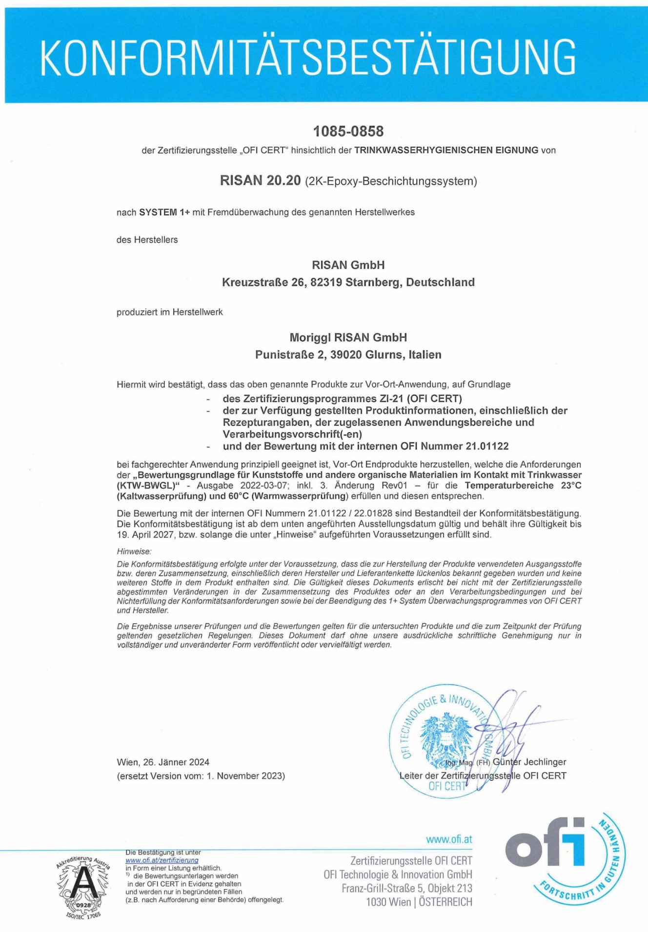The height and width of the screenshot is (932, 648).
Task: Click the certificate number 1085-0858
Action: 348,131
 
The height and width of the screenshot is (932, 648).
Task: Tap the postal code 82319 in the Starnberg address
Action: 325,282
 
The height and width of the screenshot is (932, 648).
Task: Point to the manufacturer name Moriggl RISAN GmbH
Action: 348,337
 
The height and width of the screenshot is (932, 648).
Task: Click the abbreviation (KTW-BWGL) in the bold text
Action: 149,485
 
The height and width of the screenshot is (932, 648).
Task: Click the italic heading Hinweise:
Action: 134,551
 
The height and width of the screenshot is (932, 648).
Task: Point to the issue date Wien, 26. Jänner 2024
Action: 163,762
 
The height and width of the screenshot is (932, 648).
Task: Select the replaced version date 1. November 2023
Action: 245,776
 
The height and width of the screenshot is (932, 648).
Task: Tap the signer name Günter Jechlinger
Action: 529,761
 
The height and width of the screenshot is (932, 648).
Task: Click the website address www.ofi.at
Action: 449,839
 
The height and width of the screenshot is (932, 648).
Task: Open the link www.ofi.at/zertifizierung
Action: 162,860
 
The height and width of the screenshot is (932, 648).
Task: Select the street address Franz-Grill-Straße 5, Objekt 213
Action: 407,888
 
